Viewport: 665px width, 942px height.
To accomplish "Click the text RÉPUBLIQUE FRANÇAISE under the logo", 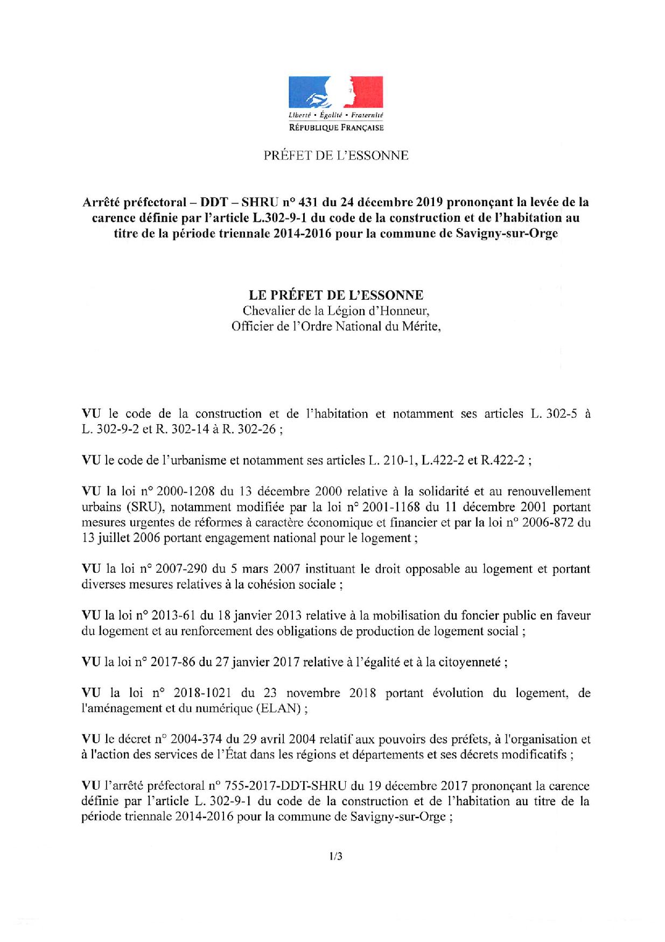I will click(x=336, y=128).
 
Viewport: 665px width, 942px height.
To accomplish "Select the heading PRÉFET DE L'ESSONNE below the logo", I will click(x=335, y=156).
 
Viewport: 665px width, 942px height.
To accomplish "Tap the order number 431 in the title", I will click(x=307, y=202).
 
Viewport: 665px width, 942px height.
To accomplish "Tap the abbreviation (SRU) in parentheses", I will click(x=134, y=507).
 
